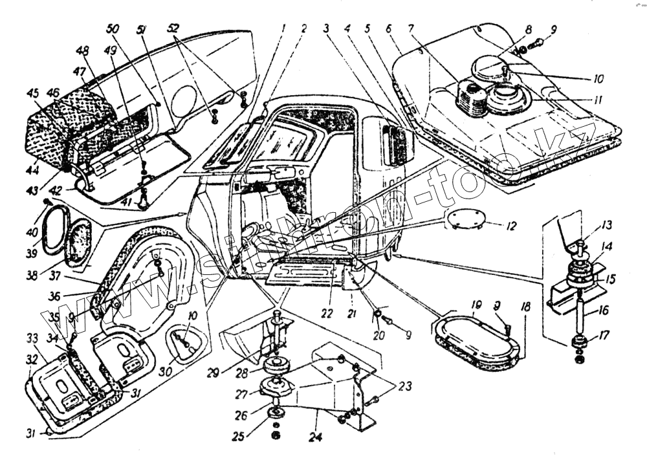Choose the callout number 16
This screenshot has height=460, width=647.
603,311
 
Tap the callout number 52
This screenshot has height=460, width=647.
173,28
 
